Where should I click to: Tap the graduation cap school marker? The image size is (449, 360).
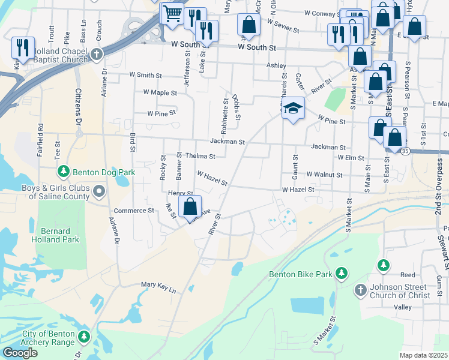(293, 109)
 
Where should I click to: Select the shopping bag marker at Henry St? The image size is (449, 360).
(190, 207)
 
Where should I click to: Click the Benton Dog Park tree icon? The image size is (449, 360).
(64, 172)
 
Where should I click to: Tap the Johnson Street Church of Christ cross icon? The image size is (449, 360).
(360, 290)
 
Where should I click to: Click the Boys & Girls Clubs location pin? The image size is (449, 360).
(100, 192)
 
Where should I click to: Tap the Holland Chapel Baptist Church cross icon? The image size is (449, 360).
(96, 55)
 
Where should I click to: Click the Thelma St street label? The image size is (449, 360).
(200, 157)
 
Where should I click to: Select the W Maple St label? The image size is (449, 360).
(160, 93)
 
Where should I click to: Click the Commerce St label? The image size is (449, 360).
(134, 211)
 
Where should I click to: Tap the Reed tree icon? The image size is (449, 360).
(383, 265)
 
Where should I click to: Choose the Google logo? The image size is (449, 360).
(20, 353)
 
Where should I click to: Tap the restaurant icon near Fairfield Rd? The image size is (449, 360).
(23, 47)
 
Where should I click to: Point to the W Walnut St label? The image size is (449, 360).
(324, 175)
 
